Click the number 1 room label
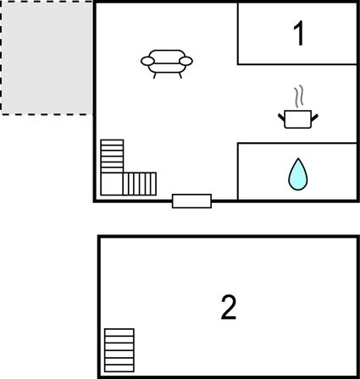tap(298, 33)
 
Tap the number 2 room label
tap(229, 307)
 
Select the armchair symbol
tap(167, 64)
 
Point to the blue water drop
tap(298, 174)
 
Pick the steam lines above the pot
tap(298, 96)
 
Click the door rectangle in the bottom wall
tap(191, 201)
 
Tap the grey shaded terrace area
tap(47, 58)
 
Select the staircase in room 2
tap(119, 350)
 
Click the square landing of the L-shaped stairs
tap(112, 184)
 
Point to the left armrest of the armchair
tap(147, 61)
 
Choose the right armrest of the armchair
tap(186, 61)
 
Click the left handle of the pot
tap(281, 118)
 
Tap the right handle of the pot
tap(315, 118)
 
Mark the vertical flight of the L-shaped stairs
tap(112, 156)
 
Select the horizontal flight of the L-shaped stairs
tap(140, 184)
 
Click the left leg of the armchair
tap(155, 75)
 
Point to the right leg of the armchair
tap(180, 75)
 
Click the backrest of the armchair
tap(167, 57)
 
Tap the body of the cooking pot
tap(298, 119)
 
